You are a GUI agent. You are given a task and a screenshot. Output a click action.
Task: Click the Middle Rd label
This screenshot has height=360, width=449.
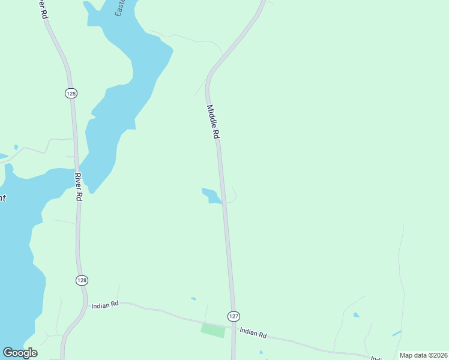(x=212, y=122)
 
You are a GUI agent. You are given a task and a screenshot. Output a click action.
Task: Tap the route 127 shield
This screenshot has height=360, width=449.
(x=234, y=316)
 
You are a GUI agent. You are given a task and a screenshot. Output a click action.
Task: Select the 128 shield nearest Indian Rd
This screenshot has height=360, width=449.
(x=82, y=280)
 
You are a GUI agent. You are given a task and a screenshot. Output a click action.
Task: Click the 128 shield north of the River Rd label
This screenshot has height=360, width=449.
(x=71, y=93)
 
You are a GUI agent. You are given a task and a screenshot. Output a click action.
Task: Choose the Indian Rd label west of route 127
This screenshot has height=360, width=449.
(x=106, y=305)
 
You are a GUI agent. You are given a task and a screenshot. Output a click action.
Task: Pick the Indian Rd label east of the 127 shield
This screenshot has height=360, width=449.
(x=253, y=332)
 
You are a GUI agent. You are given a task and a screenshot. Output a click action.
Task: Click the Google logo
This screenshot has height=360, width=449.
(x=20, y=353)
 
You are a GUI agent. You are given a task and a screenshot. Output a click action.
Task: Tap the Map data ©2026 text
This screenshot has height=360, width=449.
(x=423, y=355)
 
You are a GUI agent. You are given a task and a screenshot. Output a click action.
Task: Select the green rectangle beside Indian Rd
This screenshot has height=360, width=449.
(x=212, y=330)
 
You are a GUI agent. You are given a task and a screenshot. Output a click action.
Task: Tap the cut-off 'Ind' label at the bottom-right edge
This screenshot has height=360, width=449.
(x=376, y=358)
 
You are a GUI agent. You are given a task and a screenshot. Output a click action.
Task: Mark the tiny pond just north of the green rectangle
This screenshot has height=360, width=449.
(x=193, y=298)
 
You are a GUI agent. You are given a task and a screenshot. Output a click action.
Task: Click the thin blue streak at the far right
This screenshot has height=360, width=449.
(x=397, y=332)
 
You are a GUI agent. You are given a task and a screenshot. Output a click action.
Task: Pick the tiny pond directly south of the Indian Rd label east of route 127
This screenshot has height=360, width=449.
(x=261, y=352)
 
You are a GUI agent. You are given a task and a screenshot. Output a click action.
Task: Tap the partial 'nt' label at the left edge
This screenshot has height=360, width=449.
(x=3, y=198)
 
